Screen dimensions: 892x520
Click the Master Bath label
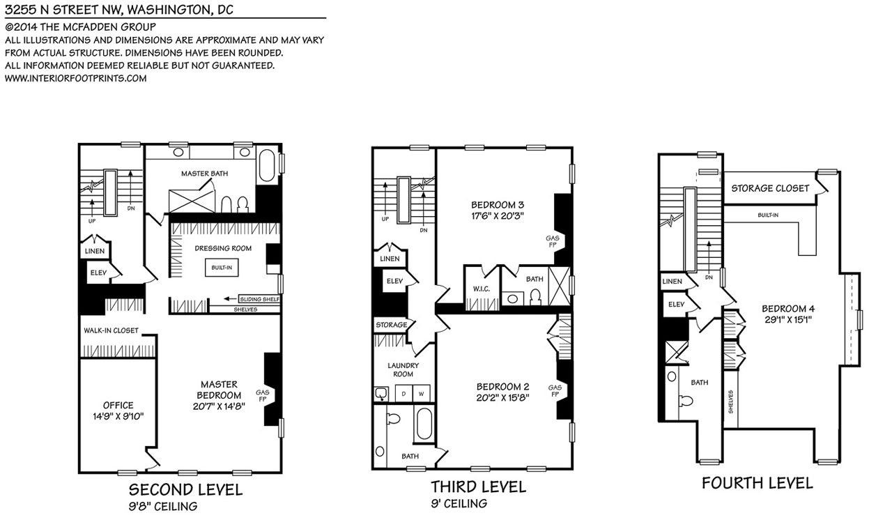click(205, 174)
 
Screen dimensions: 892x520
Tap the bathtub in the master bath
click(266, 166)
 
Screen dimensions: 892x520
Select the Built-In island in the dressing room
click(222, 268)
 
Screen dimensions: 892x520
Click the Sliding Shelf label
click(259, 299)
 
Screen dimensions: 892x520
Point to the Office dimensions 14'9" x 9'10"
click(118, 416)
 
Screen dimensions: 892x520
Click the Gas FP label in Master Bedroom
click(263, 396)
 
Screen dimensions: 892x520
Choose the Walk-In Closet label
click(111, 330)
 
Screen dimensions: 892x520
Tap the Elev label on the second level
click(98, 273)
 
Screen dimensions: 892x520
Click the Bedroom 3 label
click(498, 205)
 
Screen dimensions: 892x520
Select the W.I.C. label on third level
click(482, 289)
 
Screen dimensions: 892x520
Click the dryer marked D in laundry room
click(403, 393)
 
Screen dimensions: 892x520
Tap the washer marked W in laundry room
click(422, 393)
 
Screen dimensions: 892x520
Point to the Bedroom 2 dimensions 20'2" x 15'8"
click(503, 398)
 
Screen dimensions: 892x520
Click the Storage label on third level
click(392, 325)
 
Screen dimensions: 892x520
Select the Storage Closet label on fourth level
click(770, 188)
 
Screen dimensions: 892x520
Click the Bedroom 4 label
click(788, 309)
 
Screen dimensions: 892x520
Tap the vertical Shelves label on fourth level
click(731, 402)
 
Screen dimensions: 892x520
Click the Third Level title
click(478, 487)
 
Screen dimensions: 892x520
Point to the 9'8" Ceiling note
click(163, 507)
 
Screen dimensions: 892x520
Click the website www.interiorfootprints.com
click(76, 78)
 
